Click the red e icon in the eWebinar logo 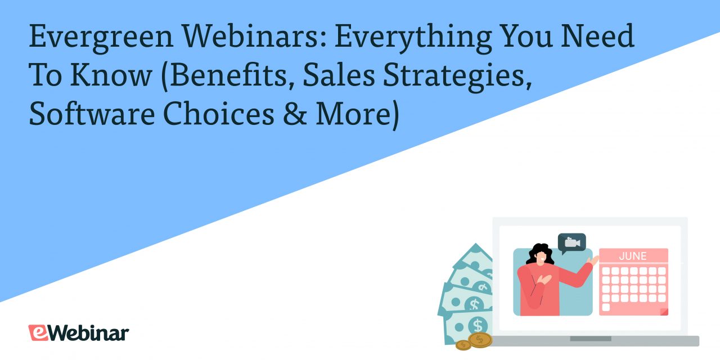pyautogui.click(x=38, y=332)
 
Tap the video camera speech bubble pyautogui.click(x=572, y=242)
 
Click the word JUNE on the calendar pyautogui.click(x=633, y=256)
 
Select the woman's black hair pyautogui.click(x=539, y=254)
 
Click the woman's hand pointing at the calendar pyautogui.click(x=593, y=260)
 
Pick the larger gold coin pyautogui.click(x=480, y=339)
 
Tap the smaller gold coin pyautogui.click(x=463, y=344)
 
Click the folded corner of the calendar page pyautogui.click(x=664, y=311)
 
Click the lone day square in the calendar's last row pyautogui.click(x=606, y=307)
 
